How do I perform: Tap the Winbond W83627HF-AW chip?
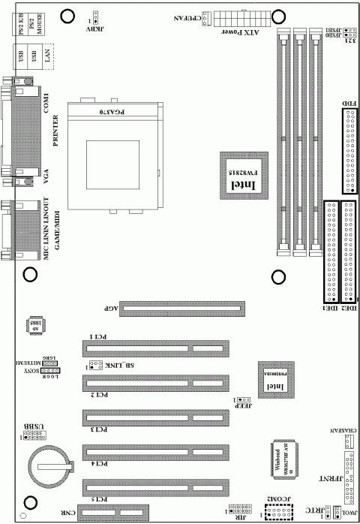280,458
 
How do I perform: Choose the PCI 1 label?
99,336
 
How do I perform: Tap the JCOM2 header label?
277,499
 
